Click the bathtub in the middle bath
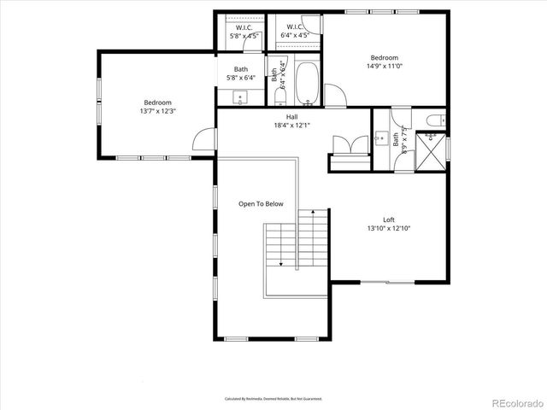pos(307,84)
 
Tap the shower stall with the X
pos(432,151)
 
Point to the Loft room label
pos(388,219)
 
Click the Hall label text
pos(291,116)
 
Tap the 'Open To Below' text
pos(261,204)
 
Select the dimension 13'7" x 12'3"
pos(156,111)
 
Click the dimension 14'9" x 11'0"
pos(384,67)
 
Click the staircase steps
pos(296,243)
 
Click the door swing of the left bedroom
pos(203,139)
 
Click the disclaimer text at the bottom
pos(273,399)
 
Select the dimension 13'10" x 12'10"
pos(388,228)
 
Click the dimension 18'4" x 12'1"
pos(291,126)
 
